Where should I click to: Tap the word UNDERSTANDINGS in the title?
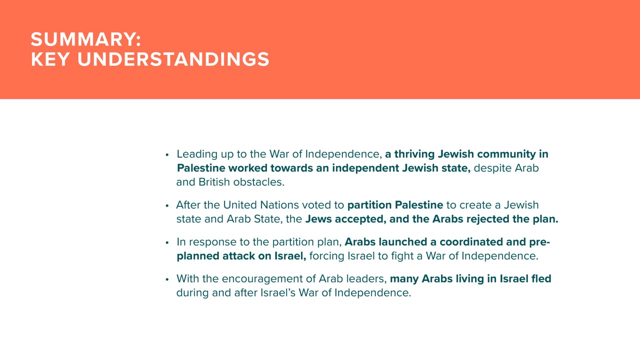pos(173,59)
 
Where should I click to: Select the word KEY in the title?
pos(50,59)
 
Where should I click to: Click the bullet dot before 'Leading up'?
pos(167,155)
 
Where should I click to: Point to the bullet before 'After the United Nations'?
pos(167,205)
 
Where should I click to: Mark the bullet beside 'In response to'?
pos(167,243)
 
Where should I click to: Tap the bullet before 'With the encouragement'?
pos(167,279)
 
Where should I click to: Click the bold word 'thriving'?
pos(414,154)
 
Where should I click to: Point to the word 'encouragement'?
pos(268,279)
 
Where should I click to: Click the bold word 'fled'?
pos(541,278)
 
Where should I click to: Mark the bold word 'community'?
pos(506,154)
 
